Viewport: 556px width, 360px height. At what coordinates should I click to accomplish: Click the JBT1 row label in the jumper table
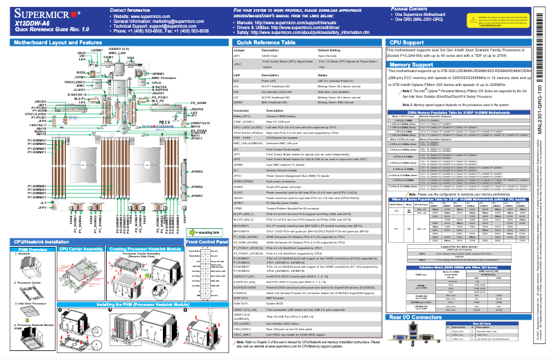coord(238,56)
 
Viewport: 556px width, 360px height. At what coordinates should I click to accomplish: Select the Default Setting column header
coord(333,51)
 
